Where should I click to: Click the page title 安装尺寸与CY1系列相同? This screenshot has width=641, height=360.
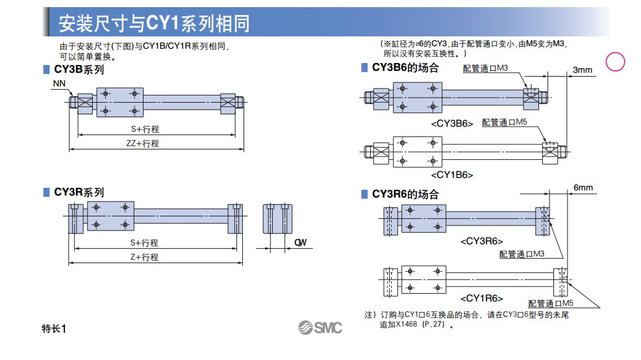coord(154,23)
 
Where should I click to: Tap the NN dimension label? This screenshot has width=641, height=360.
coord(58,84)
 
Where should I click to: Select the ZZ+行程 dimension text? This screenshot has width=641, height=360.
coord(142,144)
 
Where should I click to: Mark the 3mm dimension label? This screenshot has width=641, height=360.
coord(583,70)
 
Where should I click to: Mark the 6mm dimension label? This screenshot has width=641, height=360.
coord(583,188)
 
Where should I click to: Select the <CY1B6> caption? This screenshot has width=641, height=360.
coord(451,175)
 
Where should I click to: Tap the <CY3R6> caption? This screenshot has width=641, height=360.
coord(481,241)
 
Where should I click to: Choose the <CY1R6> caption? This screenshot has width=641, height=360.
coord(481,298)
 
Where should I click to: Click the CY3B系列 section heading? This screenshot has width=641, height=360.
coord(79,70)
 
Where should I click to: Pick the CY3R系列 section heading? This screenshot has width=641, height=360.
coord(79,192)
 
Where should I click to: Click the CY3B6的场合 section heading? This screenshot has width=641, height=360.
coord(405,68)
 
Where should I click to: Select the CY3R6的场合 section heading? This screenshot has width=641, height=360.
coord(405,194)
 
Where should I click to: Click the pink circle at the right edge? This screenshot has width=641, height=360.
coord(615,62)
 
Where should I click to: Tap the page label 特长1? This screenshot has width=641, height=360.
coord(54,329)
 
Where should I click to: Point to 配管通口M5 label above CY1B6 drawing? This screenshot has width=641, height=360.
coord(505,122)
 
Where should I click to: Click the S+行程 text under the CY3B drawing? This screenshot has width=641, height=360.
coord(145,129)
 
